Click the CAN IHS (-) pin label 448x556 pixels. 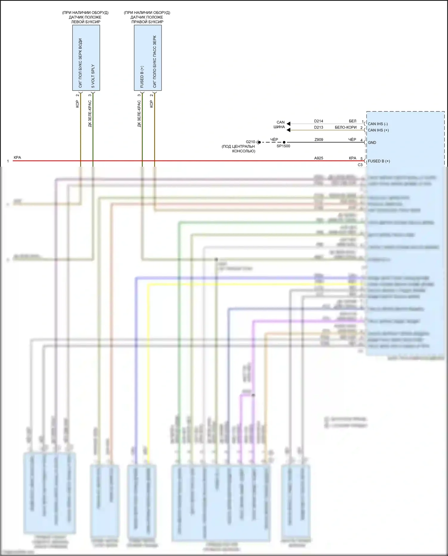pos(378,124)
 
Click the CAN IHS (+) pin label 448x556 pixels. pos(378,130)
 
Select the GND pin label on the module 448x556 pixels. pos(372,143)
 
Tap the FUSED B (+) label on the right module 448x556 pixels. pos(379,161)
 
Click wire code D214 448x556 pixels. pos(318,121)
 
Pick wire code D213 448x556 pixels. pos(318,127)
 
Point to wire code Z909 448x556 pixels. pos(319,140)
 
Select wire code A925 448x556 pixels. pos(318,158)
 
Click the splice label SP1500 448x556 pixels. pos(283,146)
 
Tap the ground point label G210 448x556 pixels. pos(250,142)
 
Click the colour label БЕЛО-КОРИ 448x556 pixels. pos(346,127)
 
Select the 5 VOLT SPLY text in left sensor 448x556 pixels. pos(93,76)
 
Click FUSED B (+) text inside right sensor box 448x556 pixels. pos(142,77)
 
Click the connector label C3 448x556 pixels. pos(360,165)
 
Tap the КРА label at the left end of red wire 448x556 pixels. pos(17,157)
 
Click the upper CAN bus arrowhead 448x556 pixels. pos(289,123)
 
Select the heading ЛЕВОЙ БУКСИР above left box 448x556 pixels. pos(86,22)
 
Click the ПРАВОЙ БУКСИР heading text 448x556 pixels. pos(147,22)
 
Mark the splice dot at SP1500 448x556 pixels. pos(284,142)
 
